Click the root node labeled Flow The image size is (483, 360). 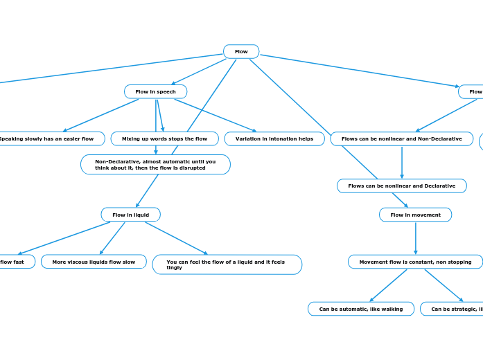[x=241, y=52]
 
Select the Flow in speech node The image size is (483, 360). [x=155, y=91]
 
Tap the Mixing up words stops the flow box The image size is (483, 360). [x=164, y=138]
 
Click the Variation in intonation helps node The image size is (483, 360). [x=274, y=138]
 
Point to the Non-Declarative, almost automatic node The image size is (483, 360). [x=155, y=165]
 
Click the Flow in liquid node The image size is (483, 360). [x=130, y=215]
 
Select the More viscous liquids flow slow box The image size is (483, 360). [x=94, y=262]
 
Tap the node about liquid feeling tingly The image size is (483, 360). [x=227, y=264]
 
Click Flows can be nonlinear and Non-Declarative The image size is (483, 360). [x=401, y=138]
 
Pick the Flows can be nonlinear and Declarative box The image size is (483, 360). [x=401, y=186]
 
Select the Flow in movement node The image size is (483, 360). [x=415, y=215]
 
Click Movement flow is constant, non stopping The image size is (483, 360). [x=415, y=262]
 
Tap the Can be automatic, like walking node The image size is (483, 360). [x=360, y=309]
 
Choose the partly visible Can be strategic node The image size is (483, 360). [x=454, y=309]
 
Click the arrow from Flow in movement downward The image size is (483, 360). [x=415, y=238]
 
